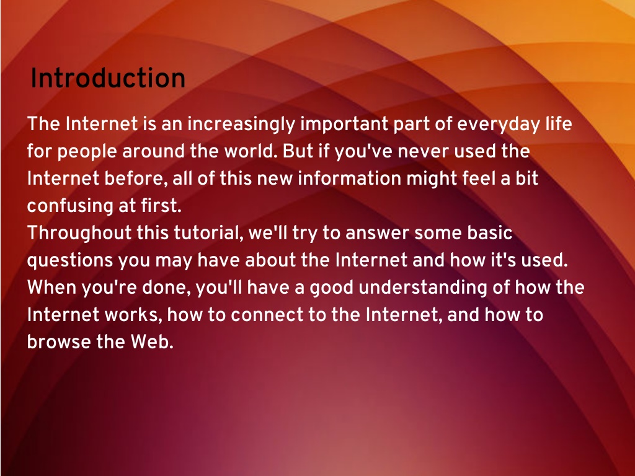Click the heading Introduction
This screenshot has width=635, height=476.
[x=108, y=77]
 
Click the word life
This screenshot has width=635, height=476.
[x=559, y=123]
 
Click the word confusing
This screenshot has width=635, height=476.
[x=70, y=206]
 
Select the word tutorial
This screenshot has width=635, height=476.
[x=208, y=233]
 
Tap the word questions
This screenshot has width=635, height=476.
[x=69, y=261]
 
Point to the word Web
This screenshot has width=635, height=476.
[x=152, y=342]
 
